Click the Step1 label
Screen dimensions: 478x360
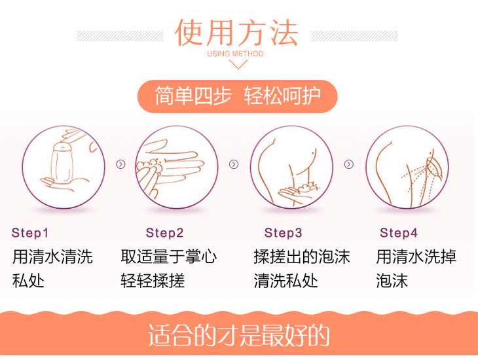30,233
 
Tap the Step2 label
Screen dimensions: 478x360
164,233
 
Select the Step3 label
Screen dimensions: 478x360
284,233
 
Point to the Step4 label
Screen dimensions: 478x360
398,233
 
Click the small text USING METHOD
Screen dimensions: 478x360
235,54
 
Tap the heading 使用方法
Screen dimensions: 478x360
236,33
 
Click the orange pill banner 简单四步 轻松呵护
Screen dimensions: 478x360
238,96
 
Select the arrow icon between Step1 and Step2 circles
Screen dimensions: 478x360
120,164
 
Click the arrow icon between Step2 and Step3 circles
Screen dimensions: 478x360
234,164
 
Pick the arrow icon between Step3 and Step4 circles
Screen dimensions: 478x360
349,164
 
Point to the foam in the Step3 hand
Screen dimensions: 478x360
308,187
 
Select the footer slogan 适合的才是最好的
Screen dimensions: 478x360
239,335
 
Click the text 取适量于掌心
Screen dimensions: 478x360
168,257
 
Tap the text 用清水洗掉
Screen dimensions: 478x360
416,257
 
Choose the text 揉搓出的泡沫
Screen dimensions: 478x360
302,257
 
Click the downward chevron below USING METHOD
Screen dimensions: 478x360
238,65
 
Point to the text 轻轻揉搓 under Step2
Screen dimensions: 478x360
153,281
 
